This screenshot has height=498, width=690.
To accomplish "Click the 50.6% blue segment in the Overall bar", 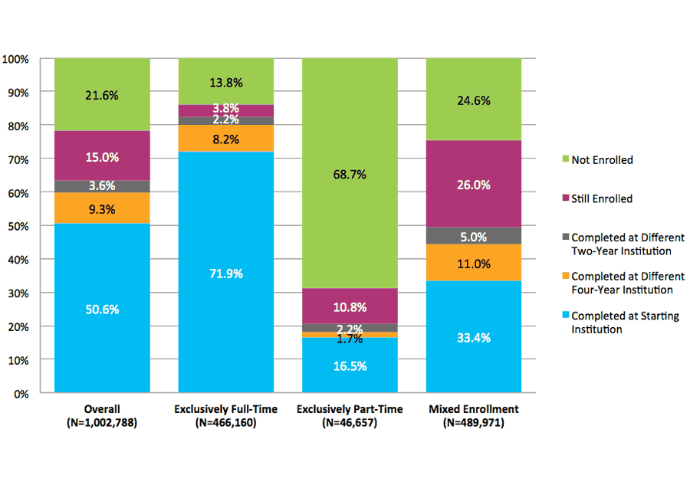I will pos(101,309).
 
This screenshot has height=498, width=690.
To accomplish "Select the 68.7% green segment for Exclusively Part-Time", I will pos(350,174).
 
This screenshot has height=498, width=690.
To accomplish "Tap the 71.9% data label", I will pos(225,274).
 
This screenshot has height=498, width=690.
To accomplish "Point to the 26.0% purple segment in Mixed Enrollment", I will pos(473,185).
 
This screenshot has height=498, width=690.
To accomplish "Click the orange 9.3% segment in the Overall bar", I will pos(101,208).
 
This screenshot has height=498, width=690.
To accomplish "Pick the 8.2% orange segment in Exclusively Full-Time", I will pos(225,139).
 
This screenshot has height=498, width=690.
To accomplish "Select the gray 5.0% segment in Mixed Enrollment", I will pos(473,236).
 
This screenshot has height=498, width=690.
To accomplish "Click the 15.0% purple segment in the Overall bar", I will pos(101,156).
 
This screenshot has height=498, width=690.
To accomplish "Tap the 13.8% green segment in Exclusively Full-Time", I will pos(225,81).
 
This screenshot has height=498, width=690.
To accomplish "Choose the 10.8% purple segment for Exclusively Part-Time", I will pos(350,306).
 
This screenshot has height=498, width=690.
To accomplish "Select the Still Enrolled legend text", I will pos(602,198).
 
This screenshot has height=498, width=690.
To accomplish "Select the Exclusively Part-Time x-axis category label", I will pos(350,409).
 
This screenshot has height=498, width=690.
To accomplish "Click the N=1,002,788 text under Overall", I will pos(101,422).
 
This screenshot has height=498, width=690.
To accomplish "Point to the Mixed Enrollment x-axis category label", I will pos(473,409).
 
